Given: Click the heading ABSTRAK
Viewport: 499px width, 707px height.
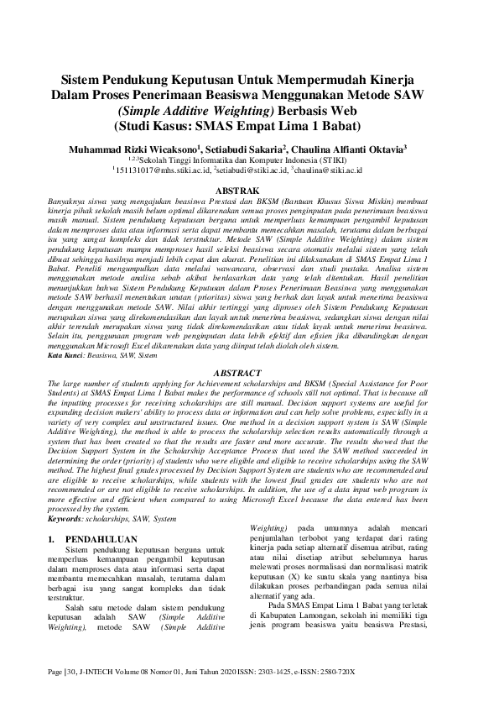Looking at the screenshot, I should [x=250, y=191].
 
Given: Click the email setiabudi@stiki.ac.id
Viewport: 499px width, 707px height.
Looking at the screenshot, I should [x=250, y=170].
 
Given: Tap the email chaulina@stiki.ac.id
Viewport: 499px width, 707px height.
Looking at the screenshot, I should [x=330, y=170].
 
